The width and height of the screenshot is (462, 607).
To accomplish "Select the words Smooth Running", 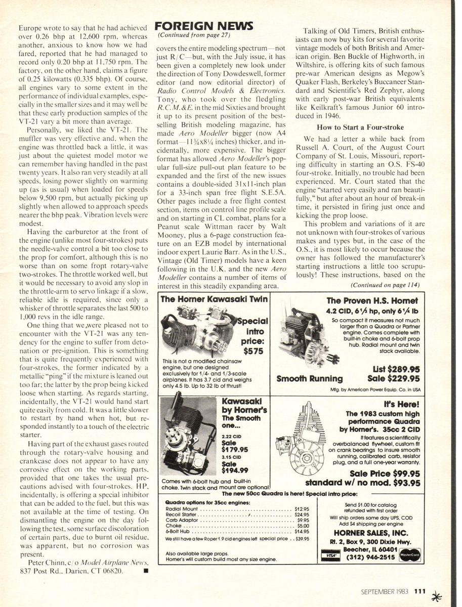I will coord(310,378).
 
